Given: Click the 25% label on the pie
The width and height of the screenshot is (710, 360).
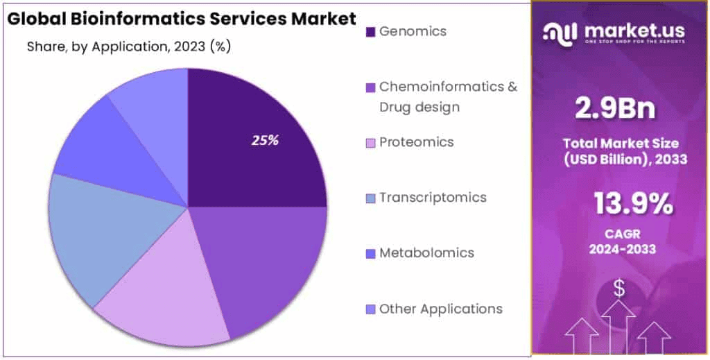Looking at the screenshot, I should [265, 140].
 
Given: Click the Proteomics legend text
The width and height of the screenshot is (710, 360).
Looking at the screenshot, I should [416, 142].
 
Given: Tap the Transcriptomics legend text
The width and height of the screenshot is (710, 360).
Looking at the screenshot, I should [432, 198].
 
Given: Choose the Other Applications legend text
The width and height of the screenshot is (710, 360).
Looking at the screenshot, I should [440, 309].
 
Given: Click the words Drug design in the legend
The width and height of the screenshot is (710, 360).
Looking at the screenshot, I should [419, 107].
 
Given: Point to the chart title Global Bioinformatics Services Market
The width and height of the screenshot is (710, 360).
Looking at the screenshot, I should [182, 19].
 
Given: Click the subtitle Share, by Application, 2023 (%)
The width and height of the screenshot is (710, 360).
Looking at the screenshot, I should [129, 47].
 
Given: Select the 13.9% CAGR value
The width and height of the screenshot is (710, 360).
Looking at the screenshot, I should [632, 204].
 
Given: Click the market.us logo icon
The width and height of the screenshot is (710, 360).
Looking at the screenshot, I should [560, 32].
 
